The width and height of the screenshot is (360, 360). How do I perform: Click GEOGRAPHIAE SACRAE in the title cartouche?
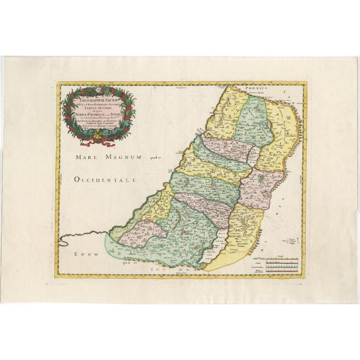pos(99,96)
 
